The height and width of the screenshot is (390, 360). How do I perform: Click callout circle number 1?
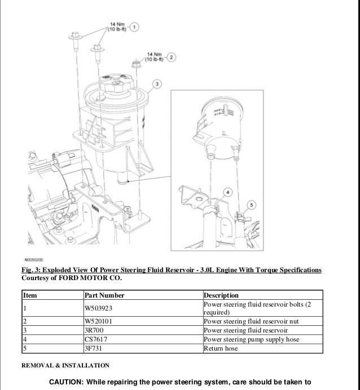[x=135, y=26]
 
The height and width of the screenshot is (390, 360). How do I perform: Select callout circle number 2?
[x=172, y=57]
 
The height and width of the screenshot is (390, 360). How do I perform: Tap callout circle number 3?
[x=157, y=85]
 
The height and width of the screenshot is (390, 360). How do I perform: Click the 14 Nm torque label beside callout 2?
[x=153, y=57]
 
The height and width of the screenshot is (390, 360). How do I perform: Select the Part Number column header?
[x=104, y=295]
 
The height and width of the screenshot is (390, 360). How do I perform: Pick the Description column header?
[x=221, y=295]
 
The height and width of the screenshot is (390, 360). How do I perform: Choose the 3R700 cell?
[x=94, y=330]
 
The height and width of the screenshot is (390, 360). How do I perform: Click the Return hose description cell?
[x=221, y=348]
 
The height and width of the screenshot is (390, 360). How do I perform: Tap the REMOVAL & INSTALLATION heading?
[x=65, y=366]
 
